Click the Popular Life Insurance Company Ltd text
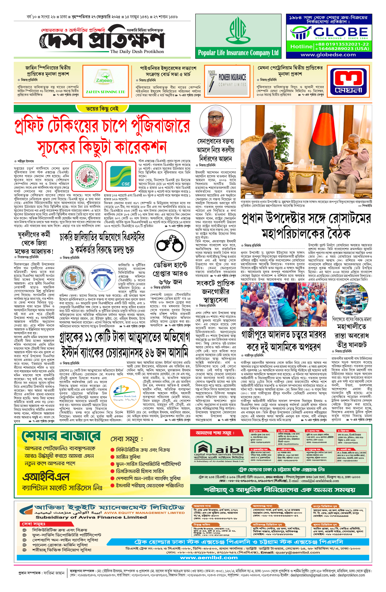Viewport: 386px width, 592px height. tap(238, 53)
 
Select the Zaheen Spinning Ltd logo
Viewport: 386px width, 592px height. tap(104, 80)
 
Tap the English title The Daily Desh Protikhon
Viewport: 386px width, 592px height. tap(137, 51)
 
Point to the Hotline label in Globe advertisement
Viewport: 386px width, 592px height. tap(301, 47)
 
